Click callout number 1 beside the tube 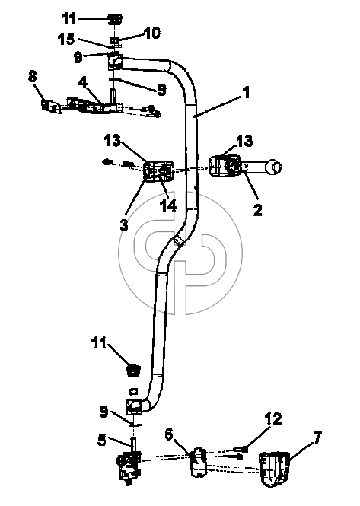tap(247, 93)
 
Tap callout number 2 tap(257, 210)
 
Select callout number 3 tap(123, 225)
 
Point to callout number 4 tap(83, 82)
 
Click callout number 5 tap(102, 440)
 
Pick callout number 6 tap(169, 434)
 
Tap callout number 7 tap(317, 438)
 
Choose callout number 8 tap(32, 77)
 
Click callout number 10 tap(151, 33)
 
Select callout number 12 tap(272, 419)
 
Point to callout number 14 tap(168, 205)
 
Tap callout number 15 tap(66, 40)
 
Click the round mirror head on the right tap(273, 167)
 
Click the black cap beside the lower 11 tap(132, 371)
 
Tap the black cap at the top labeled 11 tap(115, 20)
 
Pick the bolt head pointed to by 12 tap(245, 449)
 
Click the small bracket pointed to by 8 tap(51, 107)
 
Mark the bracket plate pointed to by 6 tap(199, 462)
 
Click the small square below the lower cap tap(133, 391)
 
